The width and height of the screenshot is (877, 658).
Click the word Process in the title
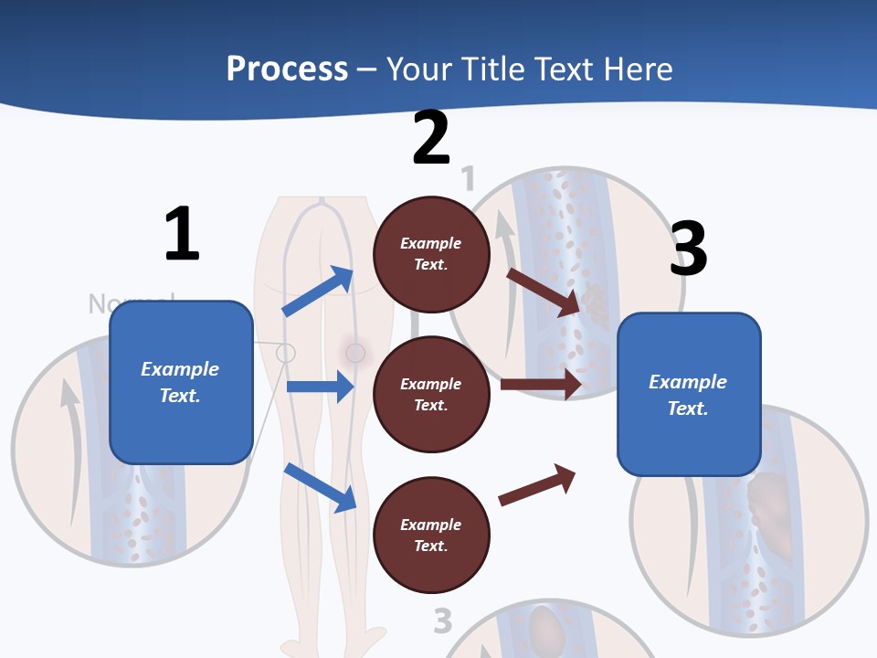(287, 69)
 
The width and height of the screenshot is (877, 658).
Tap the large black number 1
(182, 234)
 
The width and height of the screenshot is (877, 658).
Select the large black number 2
(431, 138)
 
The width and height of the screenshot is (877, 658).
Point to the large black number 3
(688, 249)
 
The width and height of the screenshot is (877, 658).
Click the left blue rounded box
(181, 382)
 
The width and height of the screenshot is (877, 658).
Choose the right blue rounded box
(689, 395)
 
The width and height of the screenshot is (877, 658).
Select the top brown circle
(431, 254)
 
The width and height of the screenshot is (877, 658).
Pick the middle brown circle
(431, 395)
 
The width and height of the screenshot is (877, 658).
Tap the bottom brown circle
(431, 536)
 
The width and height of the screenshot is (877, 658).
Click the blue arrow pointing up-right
(318, 292)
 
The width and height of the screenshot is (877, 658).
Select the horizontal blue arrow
(320, 387)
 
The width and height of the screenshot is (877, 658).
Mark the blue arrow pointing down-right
(320, 487)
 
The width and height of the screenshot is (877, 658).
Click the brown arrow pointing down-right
(544, 292)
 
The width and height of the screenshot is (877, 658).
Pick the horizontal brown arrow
(541, 385)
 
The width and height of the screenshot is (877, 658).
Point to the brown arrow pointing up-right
(537, 485)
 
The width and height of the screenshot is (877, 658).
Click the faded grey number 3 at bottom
(443, 621)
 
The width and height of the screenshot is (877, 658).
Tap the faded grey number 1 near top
(469, 179)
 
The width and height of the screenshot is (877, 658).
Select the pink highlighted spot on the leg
(355, 352)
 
